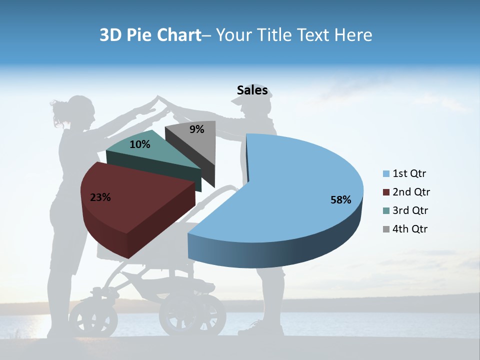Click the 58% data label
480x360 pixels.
click(x=341, y=200)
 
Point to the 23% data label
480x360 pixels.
click(x=100, y=197)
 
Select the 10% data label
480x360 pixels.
click(x=139, y=144)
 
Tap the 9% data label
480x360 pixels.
click(x=197, y=129)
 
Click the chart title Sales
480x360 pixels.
click(x=252, y=90)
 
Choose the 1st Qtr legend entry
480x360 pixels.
click(x=404, y=174)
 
